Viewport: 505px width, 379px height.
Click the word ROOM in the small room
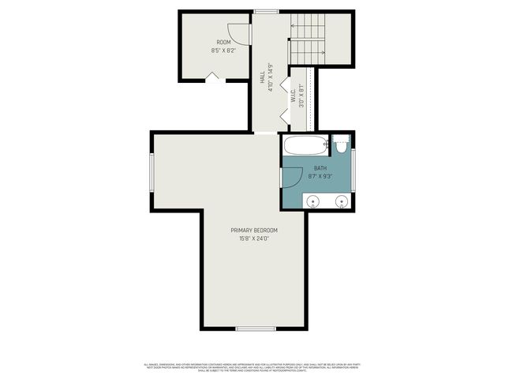click(224, 42)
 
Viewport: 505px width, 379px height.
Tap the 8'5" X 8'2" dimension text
click(224, 50)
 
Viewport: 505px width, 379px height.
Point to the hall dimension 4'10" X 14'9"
click(271, 77)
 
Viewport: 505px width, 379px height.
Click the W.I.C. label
click(292, 96)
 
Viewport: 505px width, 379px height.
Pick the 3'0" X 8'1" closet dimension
click(301, 96)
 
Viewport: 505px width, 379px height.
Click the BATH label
click(320, 168)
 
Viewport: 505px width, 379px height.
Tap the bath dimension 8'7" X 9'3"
click(320, 176)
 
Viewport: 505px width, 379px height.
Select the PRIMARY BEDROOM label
click(254, 231)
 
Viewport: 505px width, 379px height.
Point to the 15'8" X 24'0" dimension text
click(254, 238)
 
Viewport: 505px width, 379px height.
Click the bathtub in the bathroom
click(305, 145)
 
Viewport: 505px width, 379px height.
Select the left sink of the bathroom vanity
click(312, 201)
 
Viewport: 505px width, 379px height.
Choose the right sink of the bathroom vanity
click(342, 201)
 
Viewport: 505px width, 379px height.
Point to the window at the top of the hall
click(266, 11)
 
